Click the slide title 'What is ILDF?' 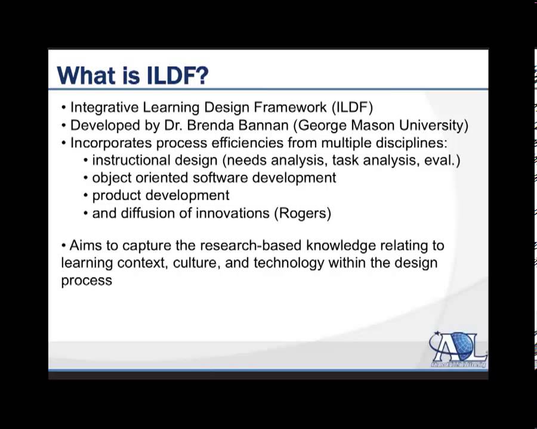(132, 75)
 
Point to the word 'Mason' (372, 125)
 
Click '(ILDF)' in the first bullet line (352, 107)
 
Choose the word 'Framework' (290, 107)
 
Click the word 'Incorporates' (111, 143)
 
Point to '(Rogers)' (303, 213)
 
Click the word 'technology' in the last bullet (289, 263)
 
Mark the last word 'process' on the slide (87, 281)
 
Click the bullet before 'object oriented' (85, 178)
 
